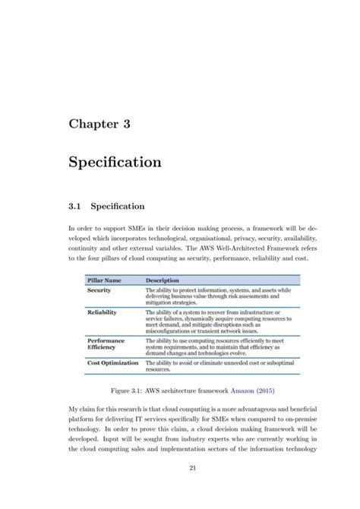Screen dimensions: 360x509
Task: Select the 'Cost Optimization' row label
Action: (113, 362)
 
